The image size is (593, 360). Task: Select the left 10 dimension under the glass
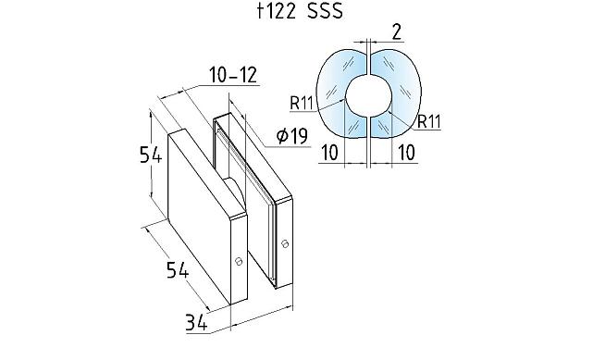tap(329, 152)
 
